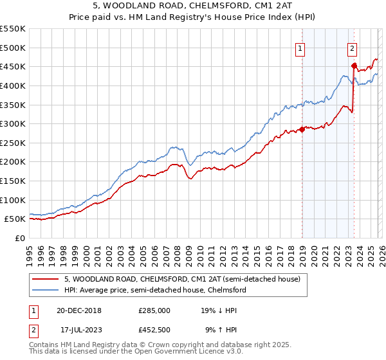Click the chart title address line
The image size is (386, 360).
coord(193,6)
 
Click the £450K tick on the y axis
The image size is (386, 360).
coord(13,66)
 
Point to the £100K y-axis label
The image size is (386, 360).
coord(13,200)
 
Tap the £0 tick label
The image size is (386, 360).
coord(19,238)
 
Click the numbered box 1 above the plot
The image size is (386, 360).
coord(301,47)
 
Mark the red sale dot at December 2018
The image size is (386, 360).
coord(301,129)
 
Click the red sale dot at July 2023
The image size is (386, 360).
coord(353,65)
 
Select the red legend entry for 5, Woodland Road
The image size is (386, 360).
coord(182,279)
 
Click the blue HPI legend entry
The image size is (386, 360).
coord(154,290)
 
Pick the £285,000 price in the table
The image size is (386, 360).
coord(154,310)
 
